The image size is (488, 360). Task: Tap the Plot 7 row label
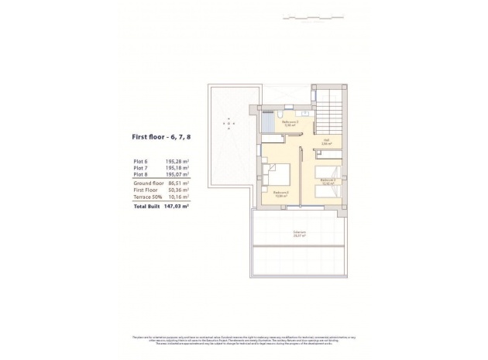[x=140, y=168]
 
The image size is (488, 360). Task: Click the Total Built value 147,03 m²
[x=174, y=207]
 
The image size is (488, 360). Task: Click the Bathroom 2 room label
[x=290, y=122]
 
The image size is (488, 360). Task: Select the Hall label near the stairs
[x=326, y=142]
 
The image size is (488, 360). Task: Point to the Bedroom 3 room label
[x=280, y=194]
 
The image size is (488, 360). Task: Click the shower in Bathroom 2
[x=268, y=122]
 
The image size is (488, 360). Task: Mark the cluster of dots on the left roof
[x=229, y=124]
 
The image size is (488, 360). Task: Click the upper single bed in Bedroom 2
[x=329, y=171]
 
